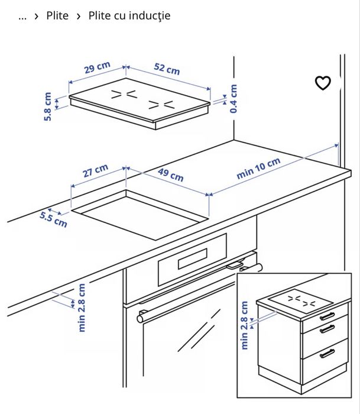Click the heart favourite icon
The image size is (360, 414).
click(323, 83)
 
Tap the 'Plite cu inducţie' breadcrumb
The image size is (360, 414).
click(129, 16)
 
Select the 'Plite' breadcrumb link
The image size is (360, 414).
click(57, 16)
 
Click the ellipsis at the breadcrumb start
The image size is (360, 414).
click(22, 17)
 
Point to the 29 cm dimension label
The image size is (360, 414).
click(97, 68)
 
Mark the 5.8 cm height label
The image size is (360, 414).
click(48, 106)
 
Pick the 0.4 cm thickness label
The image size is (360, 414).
click(234, 99)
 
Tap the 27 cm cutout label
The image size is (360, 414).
click(95, 172)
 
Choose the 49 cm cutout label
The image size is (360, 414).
click(171, 175)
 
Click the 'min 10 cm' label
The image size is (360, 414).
click(258, 169)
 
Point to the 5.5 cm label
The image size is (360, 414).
click(53, 219)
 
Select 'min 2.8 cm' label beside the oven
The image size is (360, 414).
click(82, 307)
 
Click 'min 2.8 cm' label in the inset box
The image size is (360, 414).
click(244, 326)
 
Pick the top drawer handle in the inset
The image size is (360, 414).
click(326, 315)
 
